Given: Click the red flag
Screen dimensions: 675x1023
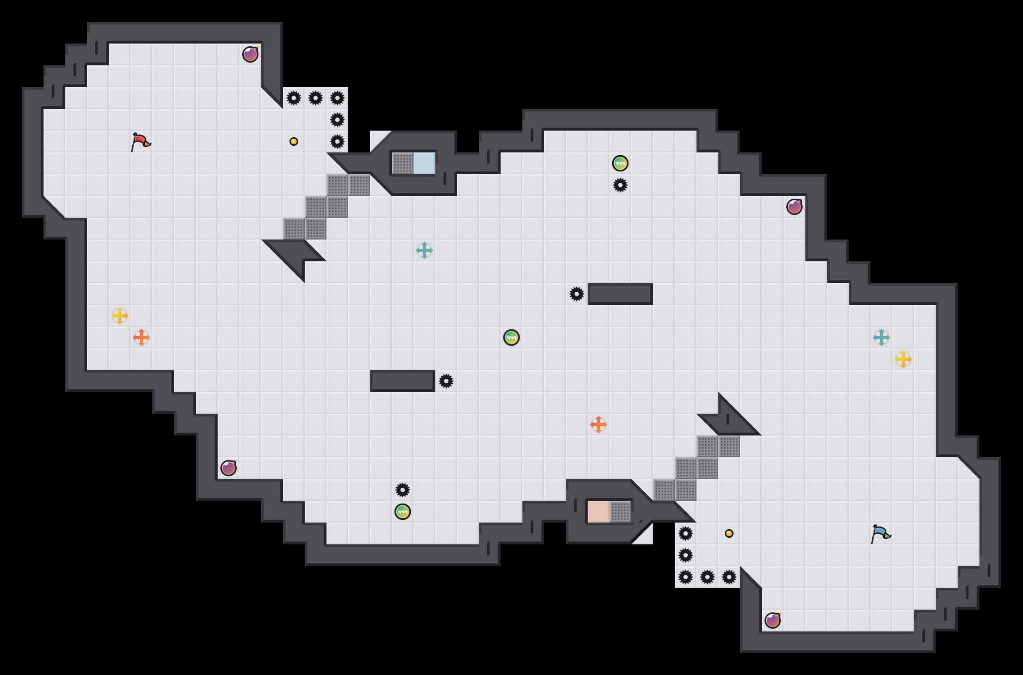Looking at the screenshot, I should [140, 142].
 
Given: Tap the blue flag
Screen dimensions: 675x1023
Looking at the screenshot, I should [880, 533].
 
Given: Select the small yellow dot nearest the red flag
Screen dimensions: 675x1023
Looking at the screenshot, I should [294, 142].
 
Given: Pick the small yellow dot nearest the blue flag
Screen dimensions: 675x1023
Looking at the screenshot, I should [729, 533].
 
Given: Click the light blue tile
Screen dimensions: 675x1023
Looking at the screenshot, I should [424, 163].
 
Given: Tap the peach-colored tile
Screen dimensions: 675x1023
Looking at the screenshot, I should [598, 512].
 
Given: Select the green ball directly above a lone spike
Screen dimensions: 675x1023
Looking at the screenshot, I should [620, 163].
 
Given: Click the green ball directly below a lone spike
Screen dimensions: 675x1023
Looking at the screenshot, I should [403, 512].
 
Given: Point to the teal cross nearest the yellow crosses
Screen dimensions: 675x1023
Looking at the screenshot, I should [882, 337].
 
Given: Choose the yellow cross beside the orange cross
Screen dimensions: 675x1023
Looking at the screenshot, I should [120, 316].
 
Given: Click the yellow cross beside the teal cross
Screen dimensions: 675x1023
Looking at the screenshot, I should [903, 359].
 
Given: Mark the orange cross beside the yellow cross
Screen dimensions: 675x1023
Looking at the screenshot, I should [141, 337].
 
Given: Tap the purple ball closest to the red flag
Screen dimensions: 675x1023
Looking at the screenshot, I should [250, 54].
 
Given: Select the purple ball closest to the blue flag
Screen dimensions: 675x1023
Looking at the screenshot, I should [773, 621].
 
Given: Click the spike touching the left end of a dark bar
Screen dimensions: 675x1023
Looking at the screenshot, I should [577, 294].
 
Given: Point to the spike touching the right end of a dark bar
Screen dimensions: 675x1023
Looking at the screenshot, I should [446, 381].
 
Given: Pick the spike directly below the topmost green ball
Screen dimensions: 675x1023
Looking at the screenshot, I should [620, 185].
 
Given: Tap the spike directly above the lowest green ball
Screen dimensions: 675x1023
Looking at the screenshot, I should [403, 490].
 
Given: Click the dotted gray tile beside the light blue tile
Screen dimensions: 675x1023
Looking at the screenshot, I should [403, 163].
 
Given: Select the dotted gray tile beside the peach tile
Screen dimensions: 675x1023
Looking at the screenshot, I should [620, 512].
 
